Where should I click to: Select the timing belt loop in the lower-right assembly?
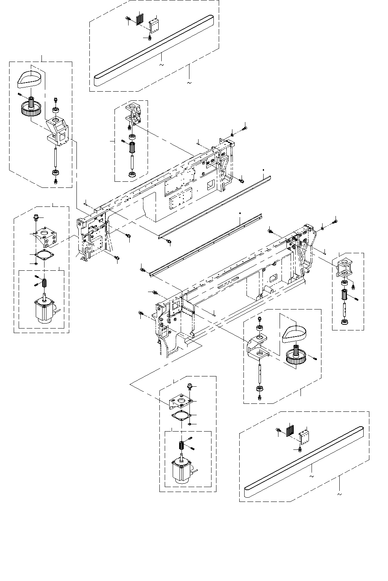pos(296,333)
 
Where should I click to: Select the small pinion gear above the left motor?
pos(45,283)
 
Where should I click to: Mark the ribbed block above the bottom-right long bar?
pos(290,430)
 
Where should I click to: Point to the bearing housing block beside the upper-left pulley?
pos(57,131)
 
